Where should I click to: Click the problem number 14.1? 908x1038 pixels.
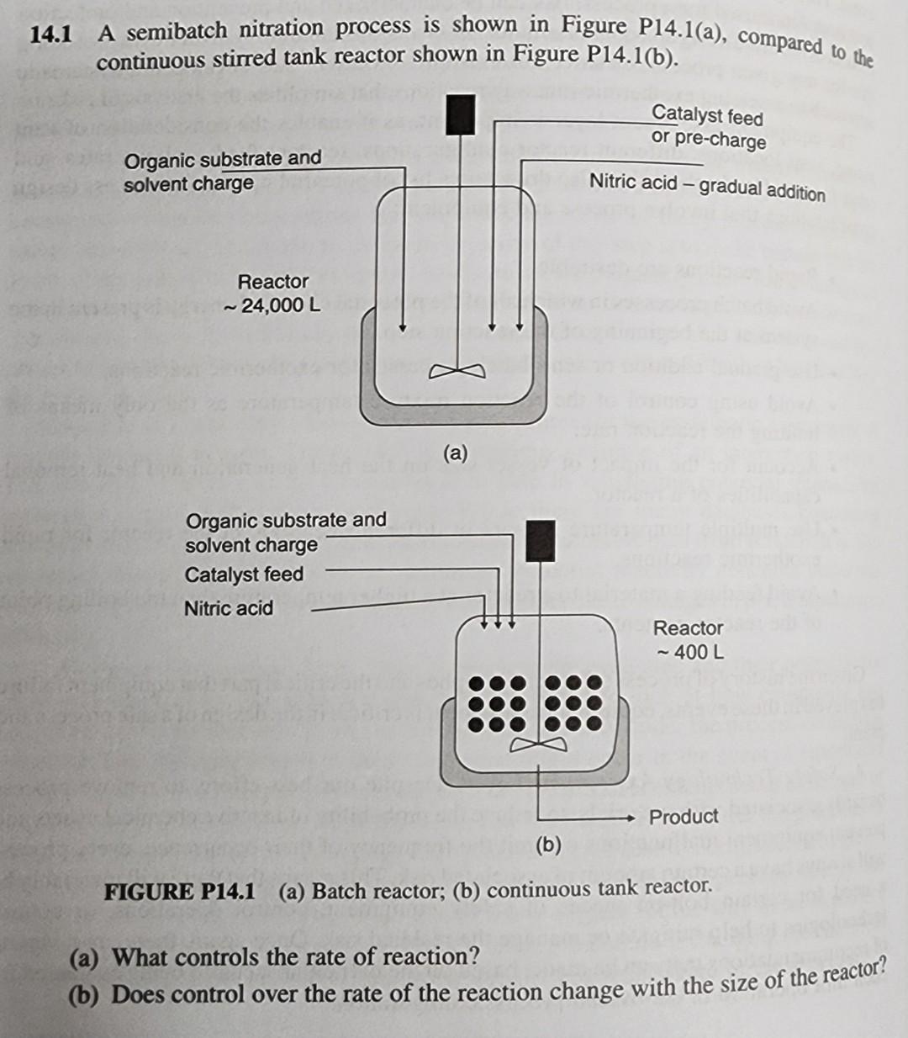tap(51, 35)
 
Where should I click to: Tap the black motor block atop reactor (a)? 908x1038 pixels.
tap(461, 114)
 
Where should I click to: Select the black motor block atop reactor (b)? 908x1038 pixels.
tap(540, 539)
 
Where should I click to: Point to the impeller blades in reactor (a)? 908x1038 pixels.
tap(459, 371)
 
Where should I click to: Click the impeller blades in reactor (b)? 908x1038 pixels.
tap(537, 744)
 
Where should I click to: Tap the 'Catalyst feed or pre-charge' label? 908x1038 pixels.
tap(708, 127)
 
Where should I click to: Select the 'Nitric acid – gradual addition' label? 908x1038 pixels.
tap(707, 186)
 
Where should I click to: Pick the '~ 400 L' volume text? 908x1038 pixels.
tap(690, 652)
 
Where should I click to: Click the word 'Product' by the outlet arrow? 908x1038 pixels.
tap(684, 817)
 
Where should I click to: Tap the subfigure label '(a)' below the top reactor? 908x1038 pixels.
tap(455, 453)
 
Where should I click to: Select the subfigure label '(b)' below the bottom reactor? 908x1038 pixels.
tap(547, 845)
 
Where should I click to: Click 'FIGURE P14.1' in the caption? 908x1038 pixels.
tap(179, 892)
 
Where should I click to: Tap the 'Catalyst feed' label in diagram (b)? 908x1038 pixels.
tap(244, 575)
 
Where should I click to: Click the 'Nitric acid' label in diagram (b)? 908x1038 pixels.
tap(229, 608)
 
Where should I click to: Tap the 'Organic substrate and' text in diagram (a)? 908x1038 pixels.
tap(223, 159)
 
